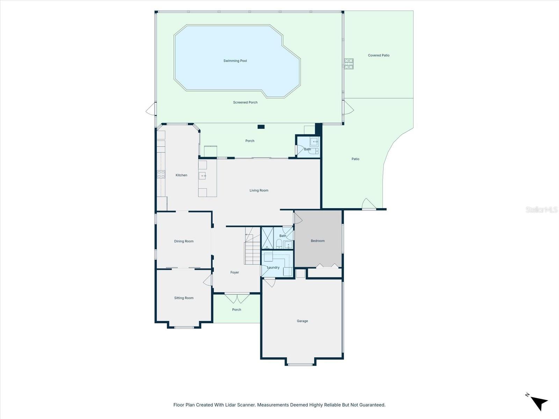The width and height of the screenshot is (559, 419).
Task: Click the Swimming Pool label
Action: (235, 61)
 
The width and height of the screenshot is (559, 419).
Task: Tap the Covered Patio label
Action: (378, 55)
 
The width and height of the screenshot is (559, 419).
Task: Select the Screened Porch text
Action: (245, 102)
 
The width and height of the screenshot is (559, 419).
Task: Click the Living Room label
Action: (259, 190)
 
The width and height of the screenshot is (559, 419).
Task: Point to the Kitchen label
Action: (181, 175)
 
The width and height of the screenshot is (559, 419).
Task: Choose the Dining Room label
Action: (184, 241)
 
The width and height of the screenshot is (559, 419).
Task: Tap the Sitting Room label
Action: (184, 298)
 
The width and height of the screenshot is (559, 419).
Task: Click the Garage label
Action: (302, 321)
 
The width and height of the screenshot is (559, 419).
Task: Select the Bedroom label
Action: (318, 241)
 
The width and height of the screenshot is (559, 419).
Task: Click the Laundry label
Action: (273, 267)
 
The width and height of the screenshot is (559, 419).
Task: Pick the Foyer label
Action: (234, 272)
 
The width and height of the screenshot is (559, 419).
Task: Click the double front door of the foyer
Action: (237, 297)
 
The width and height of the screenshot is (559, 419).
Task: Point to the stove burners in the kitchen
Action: (161, 174)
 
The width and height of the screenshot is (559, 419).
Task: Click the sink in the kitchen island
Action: (202, 176)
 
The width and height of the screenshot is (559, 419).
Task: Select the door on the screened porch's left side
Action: (151, 109)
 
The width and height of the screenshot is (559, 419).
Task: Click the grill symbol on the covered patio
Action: (349, 64)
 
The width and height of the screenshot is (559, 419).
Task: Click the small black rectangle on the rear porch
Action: (261, 127)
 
